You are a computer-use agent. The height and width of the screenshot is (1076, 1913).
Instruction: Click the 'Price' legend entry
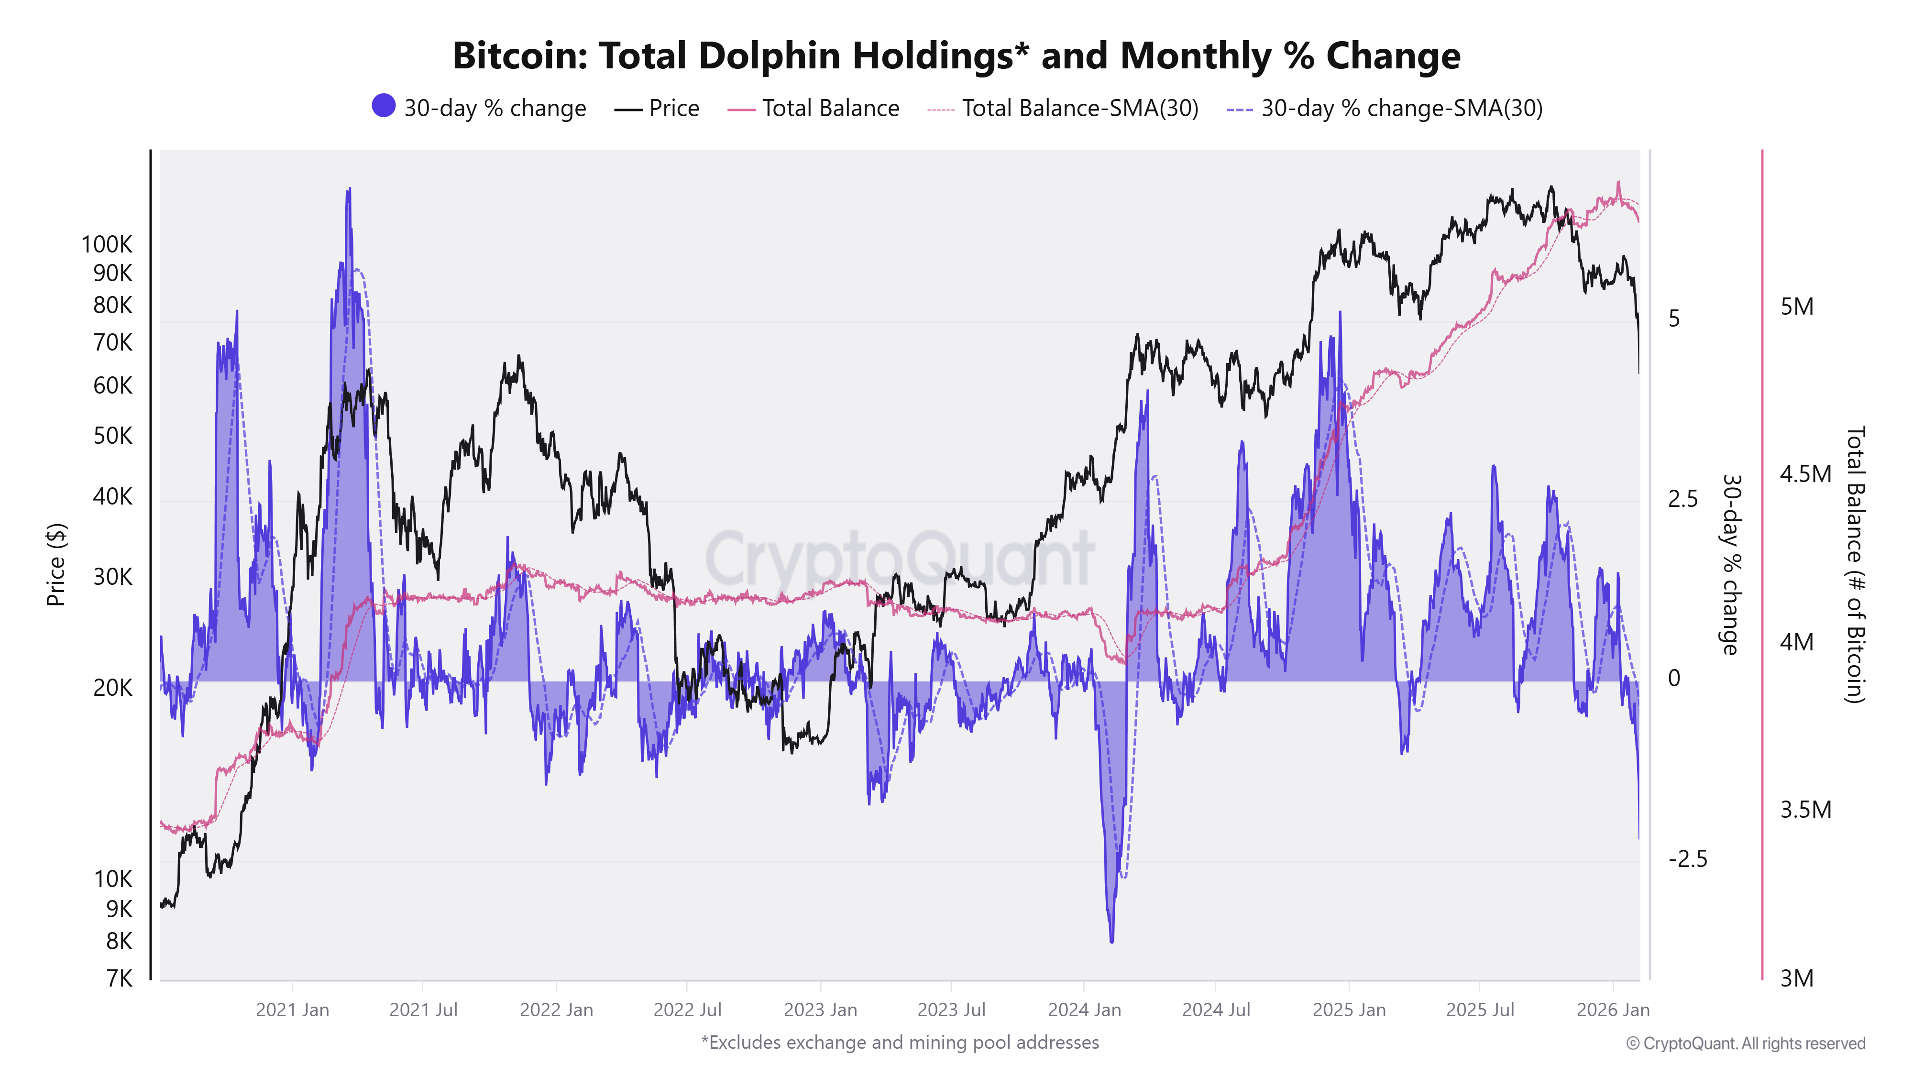point(673,109)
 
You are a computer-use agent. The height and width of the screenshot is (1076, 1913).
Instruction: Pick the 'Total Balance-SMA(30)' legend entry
point(1080,109)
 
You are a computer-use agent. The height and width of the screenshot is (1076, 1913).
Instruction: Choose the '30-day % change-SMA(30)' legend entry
point(1401,109)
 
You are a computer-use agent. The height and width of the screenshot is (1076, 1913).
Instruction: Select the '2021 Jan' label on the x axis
point(292,1010)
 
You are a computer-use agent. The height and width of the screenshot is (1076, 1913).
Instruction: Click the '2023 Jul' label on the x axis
point(951,1010)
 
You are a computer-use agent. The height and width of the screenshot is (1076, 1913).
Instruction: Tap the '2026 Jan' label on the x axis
point(1612,1010)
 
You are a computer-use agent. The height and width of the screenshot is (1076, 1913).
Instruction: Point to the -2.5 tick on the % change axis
point(1687,859)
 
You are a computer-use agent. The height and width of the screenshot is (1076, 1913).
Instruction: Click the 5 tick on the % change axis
point(1674,318)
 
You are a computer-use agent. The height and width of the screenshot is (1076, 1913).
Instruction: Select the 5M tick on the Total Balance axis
point(1796,307)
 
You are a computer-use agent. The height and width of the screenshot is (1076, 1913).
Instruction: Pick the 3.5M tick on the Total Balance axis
point(1805,810)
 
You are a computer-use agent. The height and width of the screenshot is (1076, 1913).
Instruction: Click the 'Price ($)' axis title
point(56,564)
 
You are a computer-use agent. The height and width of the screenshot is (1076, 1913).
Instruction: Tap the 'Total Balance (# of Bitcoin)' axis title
point(1855,564)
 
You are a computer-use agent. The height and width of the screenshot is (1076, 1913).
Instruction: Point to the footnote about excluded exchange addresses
point(899,1043)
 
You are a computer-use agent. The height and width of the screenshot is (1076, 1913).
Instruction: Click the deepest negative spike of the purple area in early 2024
point(1112,940)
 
